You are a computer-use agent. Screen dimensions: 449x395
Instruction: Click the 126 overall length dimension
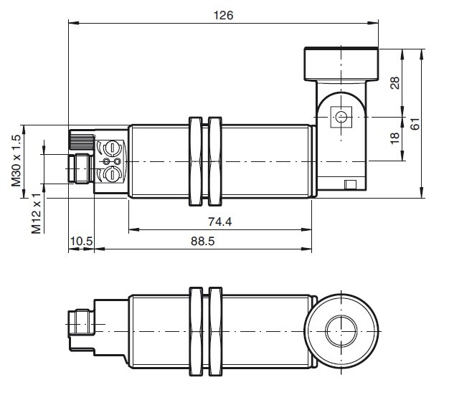pos(223,15)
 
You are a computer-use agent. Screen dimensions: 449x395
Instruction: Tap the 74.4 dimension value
pos(219,222)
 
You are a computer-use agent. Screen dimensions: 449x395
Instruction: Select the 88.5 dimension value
pos(203,242)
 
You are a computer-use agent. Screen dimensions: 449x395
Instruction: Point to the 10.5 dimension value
pos(81,242)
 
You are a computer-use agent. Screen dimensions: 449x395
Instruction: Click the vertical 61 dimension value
pos(415,123)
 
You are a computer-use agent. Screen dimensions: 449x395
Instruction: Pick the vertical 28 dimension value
pos(395,82)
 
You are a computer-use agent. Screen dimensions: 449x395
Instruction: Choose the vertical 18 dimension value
pos(395,138)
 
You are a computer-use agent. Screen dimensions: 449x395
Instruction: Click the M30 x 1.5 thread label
pos(16,161)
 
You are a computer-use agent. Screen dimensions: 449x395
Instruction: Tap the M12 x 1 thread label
pos(37,213)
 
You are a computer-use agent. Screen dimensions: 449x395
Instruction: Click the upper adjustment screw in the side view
pos(112,148)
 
